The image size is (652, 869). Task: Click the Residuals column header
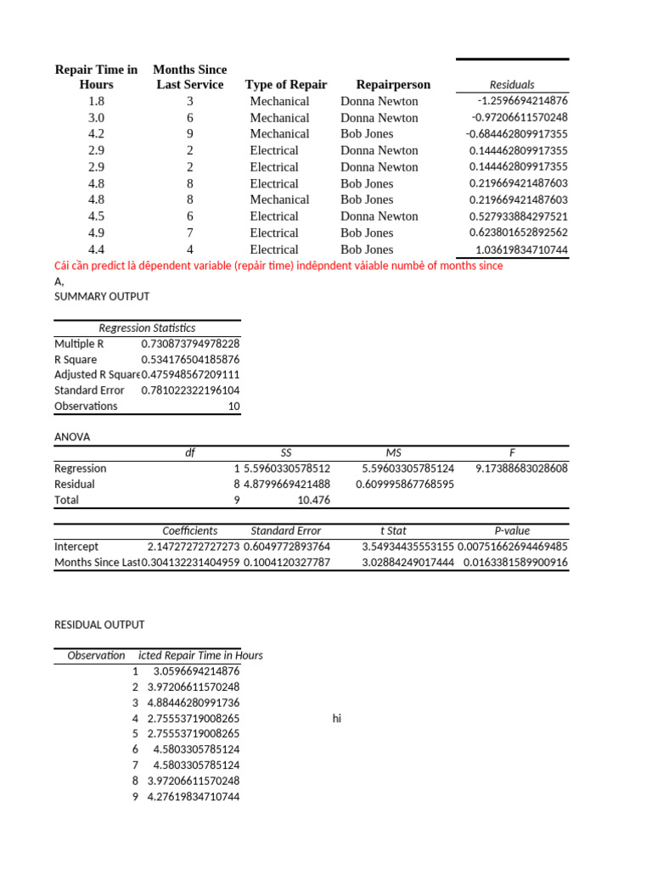(x=512, y=84)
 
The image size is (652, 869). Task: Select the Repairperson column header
(x=393, y=84)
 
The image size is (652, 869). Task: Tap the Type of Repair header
(x=286, y=84)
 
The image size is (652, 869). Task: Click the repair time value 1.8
(x=96, y=101)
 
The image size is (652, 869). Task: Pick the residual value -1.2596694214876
(x=517, y=101)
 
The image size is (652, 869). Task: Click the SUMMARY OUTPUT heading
(x=101, y=297)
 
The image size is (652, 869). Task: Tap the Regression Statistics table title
(x=147, y=328)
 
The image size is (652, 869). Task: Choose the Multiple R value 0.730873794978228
(x=190, y=344)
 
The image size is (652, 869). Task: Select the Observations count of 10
(x=233, y=406)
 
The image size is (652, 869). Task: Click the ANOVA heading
(x=72, y=437)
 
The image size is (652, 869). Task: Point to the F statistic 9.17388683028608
(x=521, y=468)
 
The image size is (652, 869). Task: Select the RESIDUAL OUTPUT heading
(x=99, y=625)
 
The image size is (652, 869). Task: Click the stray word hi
(x=336, y=719)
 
